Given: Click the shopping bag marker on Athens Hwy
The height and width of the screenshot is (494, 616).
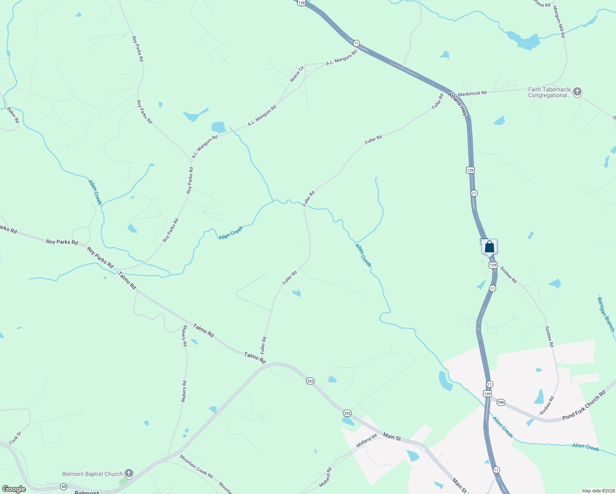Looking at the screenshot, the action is click(x=489, y=247).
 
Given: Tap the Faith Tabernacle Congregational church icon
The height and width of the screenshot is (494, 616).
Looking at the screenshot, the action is click(x=577, y=92).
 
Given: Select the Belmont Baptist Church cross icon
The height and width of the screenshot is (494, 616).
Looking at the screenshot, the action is click(x=129, y=473).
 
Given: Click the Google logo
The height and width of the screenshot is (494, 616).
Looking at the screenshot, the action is click(x=14, y=489).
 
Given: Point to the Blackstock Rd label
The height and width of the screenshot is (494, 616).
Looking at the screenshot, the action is click(x=472, y=93).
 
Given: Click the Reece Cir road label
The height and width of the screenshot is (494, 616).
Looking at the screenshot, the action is click(x=297, y=74).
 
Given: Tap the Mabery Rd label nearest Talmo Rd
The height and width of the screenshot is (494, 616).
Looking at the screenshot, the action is click(x=184, y=336).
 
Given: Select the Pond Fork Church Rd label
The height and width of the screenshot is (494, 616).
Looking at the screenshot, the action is click(x=584, y=405).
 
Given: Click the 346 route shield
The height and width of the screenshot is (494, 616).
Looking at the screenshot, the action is click(x=501, y=402).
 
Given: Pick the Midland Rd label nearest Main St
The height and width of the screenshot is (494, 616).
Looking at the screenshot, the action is click(x=366, y=441).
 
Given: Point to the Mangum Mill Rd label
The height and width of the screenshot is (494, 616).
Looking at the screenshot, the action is click(x=559, y=22).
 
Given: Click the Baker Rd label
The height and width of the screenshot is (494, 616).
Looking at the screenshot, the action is click(x=13, y=115).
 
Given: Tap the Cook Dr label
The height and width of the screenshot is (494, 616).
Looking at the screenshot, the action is click(x=15, y=438).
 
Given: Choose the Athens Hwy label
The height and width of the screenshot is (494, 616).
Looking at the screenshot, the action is click(x=458, y=103).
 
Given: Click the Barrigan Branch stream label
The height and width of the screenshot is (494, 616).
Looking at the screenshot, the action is click(x=606, y=314).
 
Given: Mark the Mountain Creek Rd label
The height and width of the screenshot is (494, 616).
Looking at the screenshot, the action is click(x=196, y=466).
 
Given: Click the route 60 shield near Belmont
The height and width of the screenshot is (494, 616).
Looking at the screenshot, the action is click(x=63, y=487).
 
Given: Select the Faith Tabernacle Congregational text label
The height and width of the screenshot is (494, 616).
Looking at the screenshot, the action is click(x=549, y=92).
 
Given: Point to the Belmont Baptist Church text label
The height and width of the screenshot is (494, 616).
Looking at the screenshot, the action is click(x=92, y=474).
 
